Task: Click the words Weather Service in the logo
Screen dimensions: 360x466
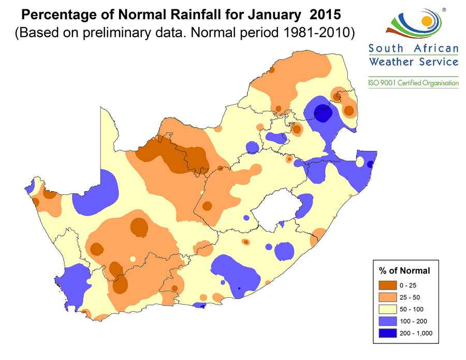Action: coord(413,62)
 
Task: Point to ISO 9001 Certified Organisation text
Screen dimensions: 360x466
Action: coord(413,82)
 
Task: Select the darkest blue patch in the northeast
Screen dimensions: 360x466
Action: coord(323,112)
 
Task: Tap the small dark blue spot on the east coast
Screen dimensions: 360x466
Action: coord(370,164)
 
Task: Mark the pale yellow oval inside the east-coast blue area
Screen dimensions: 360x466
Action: coord(360,162)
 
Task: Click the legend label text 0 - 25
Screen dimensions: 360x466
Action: coord(407,285)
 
